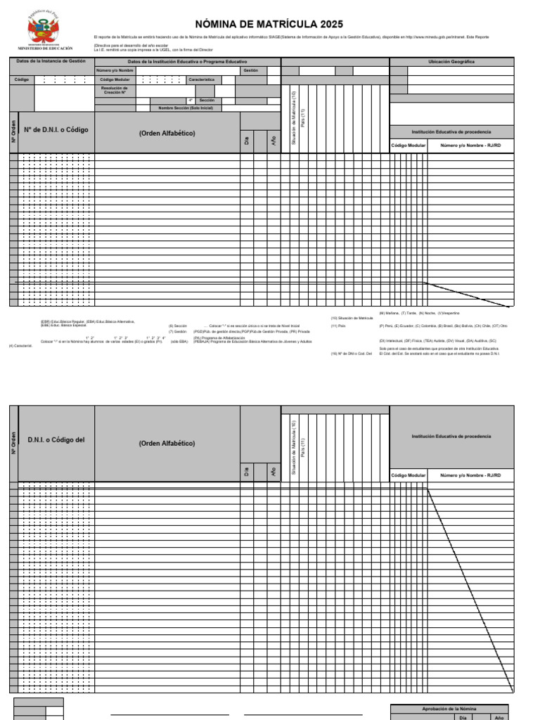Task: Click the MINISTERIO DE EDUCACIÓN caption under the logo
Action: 50,49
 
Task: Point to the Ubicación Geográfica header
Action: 451,62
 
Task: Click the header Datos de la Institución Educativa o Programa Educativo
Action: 187,62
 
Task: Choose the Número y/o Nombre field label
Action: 115,71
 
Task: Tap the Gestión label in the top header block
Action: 251,71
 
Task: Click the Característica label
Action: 201,80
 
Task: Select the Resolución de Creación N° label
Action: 115,91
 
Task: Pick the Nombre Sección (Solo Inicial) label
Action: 185,108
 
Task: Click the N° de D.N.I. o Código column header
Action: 56,130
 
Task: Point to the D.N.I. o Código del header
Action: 56,440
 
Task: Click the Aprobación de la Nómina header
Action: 449,709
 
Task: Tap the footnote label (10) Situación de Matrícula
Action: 352,318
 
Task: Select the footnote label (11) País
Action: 338,326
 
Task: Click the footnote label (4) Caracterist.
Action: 18,345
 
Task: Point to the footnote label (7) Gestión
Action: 176,331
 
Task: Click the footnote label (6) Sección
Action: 177,326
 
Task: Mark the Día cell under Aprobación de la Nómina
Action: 463,717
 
